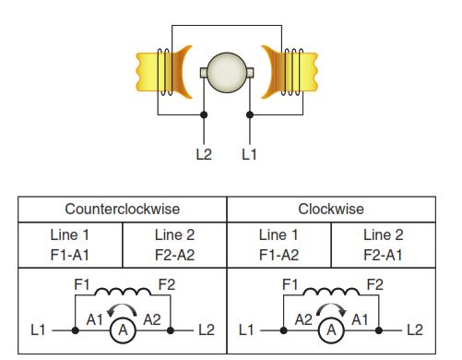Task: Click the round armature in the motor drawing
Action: pyautogui.click(x=227, y=73)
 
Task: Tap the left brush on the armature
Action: pyautogui.click(x=204, y=73)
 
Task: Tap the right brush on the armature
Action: pyautogui.click(x=250, y=73)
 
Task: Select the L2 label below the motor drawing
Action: pyautogui.click(x=204, y=154)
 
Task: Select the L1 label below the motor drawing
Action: pyautogui.click(x=249, y=154)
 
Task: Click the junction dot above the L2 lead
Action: pyautogui.click(x=204, y=114)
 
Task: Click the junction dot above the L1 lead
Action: pyautogui.click(x=250, y=114)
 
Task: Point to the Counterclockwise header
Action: pyautogui.click(x=123, y=210)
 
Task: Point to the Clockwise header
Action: pyautogui.click(x=331, y=210)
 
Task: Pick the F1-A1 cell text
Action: pyautogui.click(x=70, y=255)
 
